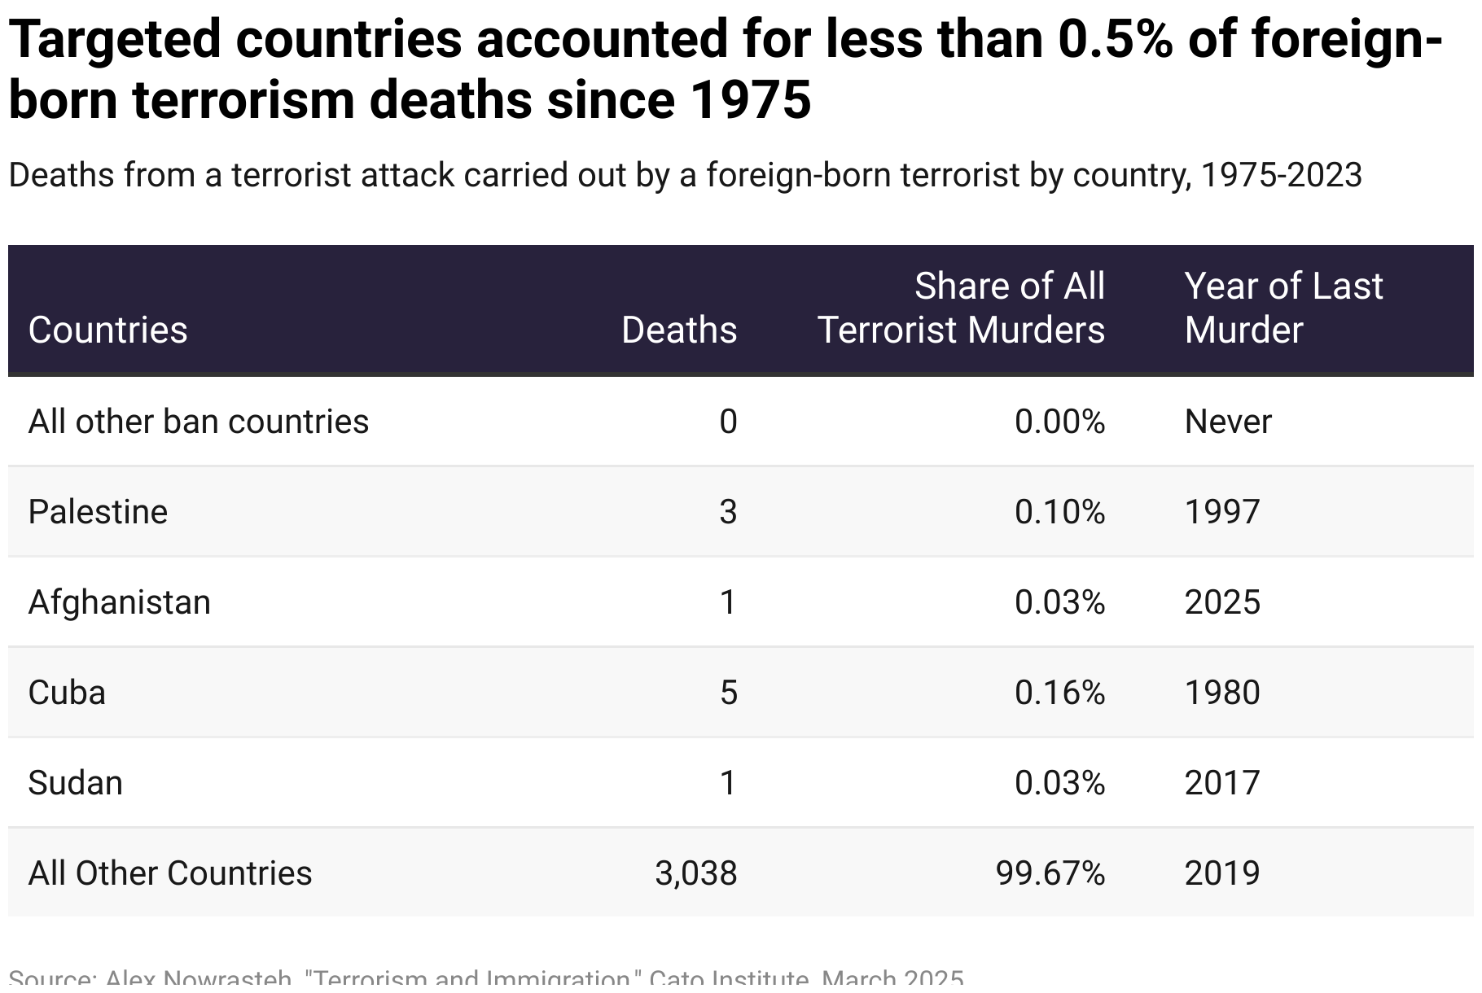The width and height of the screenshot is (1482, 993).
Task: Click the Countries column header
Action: pyautogui.click(x=107, y=330)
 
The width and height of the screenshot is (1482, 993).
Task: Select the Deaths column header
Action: pyautogui.click(x=679, y=330)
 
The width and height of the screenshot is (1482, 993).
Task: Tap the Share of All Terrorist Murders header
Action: pyautogui.click(x=961, y=308)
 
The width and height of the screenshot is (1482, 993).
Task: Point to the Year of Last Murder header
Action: pyautogui.click(x=1283, y=308)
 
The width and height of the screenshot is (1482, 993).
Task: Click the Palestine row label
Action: pyautogui.click(x=98, y=512)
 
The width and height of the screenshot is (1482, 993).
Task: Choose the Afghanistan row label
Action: pyautogui.click(x=119, y=602)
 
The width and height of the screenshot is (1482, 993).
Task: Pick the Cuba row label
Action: pyautogui.click(x=67, y=693)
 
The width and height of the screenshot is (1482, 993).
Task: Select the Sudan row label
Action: pyautogui.click(x=75, y=783)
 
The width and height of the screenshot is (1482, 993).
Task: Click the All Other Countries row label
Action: pyautogui.click(x=169, y=873)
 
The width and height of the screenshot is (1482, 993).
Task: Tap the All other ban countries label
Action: pyautogui.click(x=198, y=422)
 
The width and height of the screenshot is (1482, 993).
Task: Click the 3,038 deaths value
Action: pyautogui.click(x=695, y=873)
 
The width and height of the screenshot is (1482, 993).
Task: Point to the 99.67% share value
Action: pyautogui.click(x=1050, y=873)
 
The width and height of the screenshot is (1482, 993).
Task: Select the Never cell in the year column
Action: pyautogui.click(x=1227, y=422)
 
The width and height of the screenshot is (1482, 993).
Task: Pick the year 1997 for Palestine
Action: pyautogui.click(x=1221, y=512)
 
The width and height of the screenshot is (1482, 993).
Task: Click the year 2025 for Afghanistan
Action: pyautogui.click(x=1221, y=602)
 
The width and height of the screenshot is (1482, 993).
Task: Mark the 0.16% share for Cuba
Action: pyautogui.click(x=1059, y=693)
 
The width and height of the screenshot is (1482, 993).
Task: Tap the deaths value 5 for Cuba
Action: pyautogui.click(x=728, y=693)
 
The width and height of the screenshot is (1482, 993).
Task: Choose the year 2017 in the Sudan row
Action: pyautogui.click(x=1221, y=783)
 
